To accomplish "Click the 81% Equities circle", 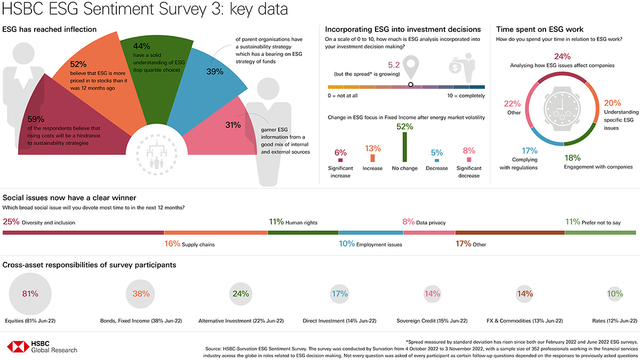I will [x=30, y=293].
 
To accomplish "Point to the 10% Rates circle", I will [x=614, y=293].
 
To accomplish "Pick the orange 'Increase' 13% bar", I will [x=372, y=158].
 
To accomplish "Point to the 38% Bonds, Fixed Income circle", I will [x=141, y=293].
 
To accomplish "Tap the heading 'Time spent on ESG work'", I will [x=540, y=29].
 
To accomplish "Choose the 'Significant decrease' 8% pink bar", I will [x=469, y=159].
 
